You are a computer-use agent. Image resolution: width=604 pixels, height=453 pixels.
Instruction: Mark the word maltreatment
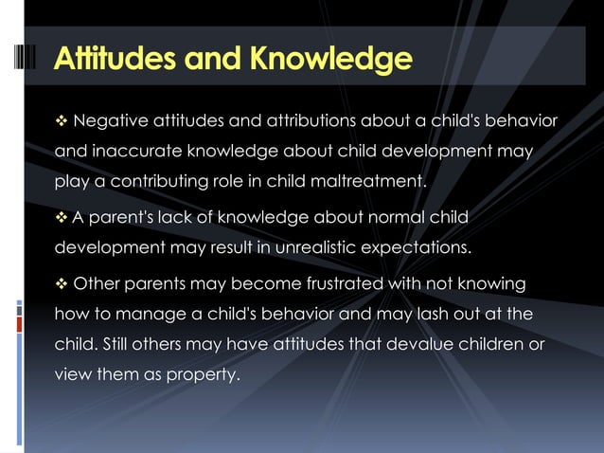coord(374,181)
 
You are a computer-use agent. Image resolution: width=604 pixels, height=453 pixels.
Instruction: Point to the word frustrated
coord(327,285)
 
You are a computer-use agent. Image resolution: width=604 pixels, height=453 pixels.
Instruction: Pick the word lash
coord(435,314)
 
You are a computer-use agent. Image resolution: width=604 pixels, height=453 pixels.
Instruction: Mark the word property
coord(202,373)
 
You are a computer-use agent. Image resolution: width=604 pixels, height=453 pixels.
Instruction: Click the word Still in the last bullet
coord(126,344)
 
